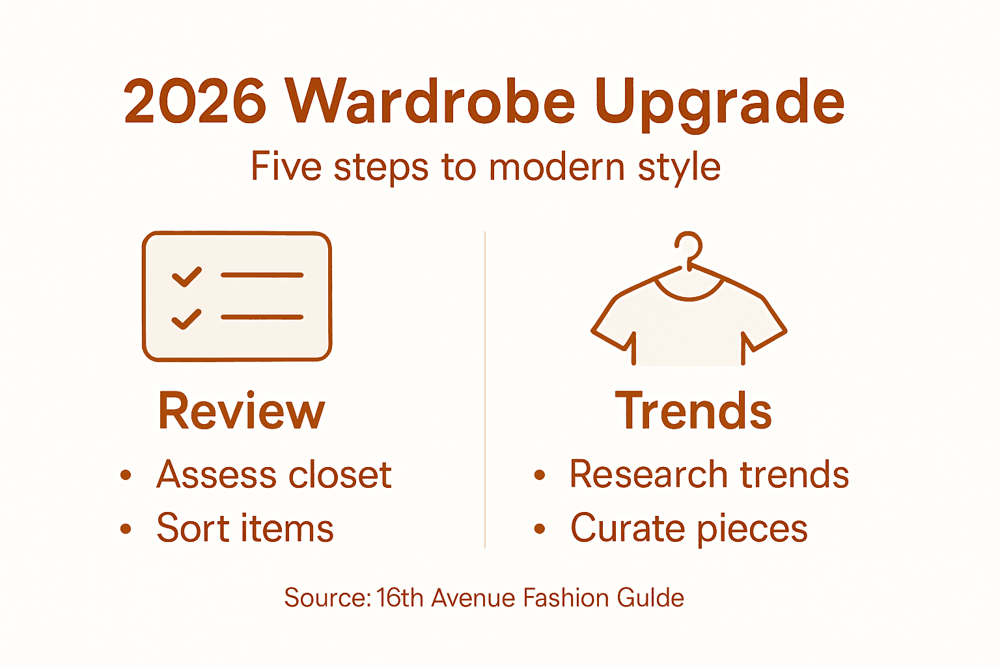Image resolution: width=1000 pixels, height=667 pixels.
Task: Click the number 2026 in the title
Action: (195, 102)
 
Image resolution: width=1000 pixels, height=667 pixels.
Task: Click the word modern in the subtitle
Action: (557, 167)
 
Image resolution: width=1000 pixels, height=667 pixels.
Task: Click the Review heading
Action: (241, 411)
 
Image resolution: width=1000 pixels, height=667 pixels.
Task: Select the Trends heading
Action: (693, 411)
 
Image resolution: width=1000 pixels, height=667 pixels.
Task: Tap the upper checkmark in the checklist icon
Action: (186, 276)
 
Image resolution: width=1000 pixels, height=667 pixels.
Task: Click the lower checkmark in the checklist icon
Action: (186, 319)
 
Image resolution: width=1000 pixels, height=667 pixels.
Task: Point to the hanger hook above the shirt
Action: (689, 248)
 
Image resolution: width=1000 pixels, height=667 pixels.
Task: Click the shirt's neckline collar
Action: (689, 291)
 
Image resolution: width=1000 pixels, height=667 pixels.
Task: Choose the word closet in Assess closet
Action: (340, 474)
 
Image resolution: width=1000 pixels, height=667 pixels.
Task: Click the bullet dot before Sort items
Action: (126, 529)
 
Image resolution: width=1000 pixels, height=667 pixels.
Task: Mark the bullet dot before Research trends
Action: (539, 475)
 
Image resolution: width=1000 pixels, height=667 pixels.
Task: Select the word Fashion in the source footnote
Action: (566, 598)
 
